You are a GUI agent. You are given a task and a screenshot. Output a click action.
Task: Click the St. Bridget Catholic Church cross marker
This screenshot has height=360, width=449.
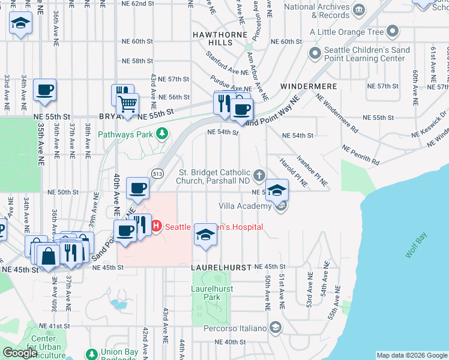[x=259, y=175]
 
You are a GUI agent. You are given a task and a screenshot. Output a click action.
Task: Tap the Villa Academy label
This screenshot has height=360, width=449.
[x=246, y=205]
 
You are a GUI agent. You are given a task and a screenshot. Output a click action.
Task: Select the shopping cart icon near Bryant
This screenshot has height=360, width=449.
[x=127, y=104]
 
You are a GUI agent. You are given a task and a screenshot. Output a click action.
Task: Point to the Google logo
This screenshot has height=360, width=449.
[x=20, y=352]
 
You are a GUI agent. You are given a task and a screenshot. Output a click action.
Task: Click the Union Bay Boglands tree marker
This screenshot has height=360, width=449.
[x=91, y=353]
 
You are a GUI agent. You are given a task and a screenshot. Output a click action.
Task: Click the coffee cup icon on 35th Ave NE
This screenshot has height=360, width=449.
[x=45, y=91]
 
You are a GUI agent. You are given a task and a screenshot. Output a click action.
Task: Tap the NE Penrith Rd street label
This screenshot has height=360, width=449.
[x=361, y=154]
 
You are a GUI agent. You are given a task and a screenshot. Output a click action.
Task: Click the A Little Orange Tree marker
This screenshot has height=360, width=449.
[x=393, y=31]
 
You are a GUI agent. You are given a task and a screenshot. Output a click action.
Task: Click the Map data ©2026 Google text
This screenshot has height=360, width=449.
[x=411, y=355]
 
